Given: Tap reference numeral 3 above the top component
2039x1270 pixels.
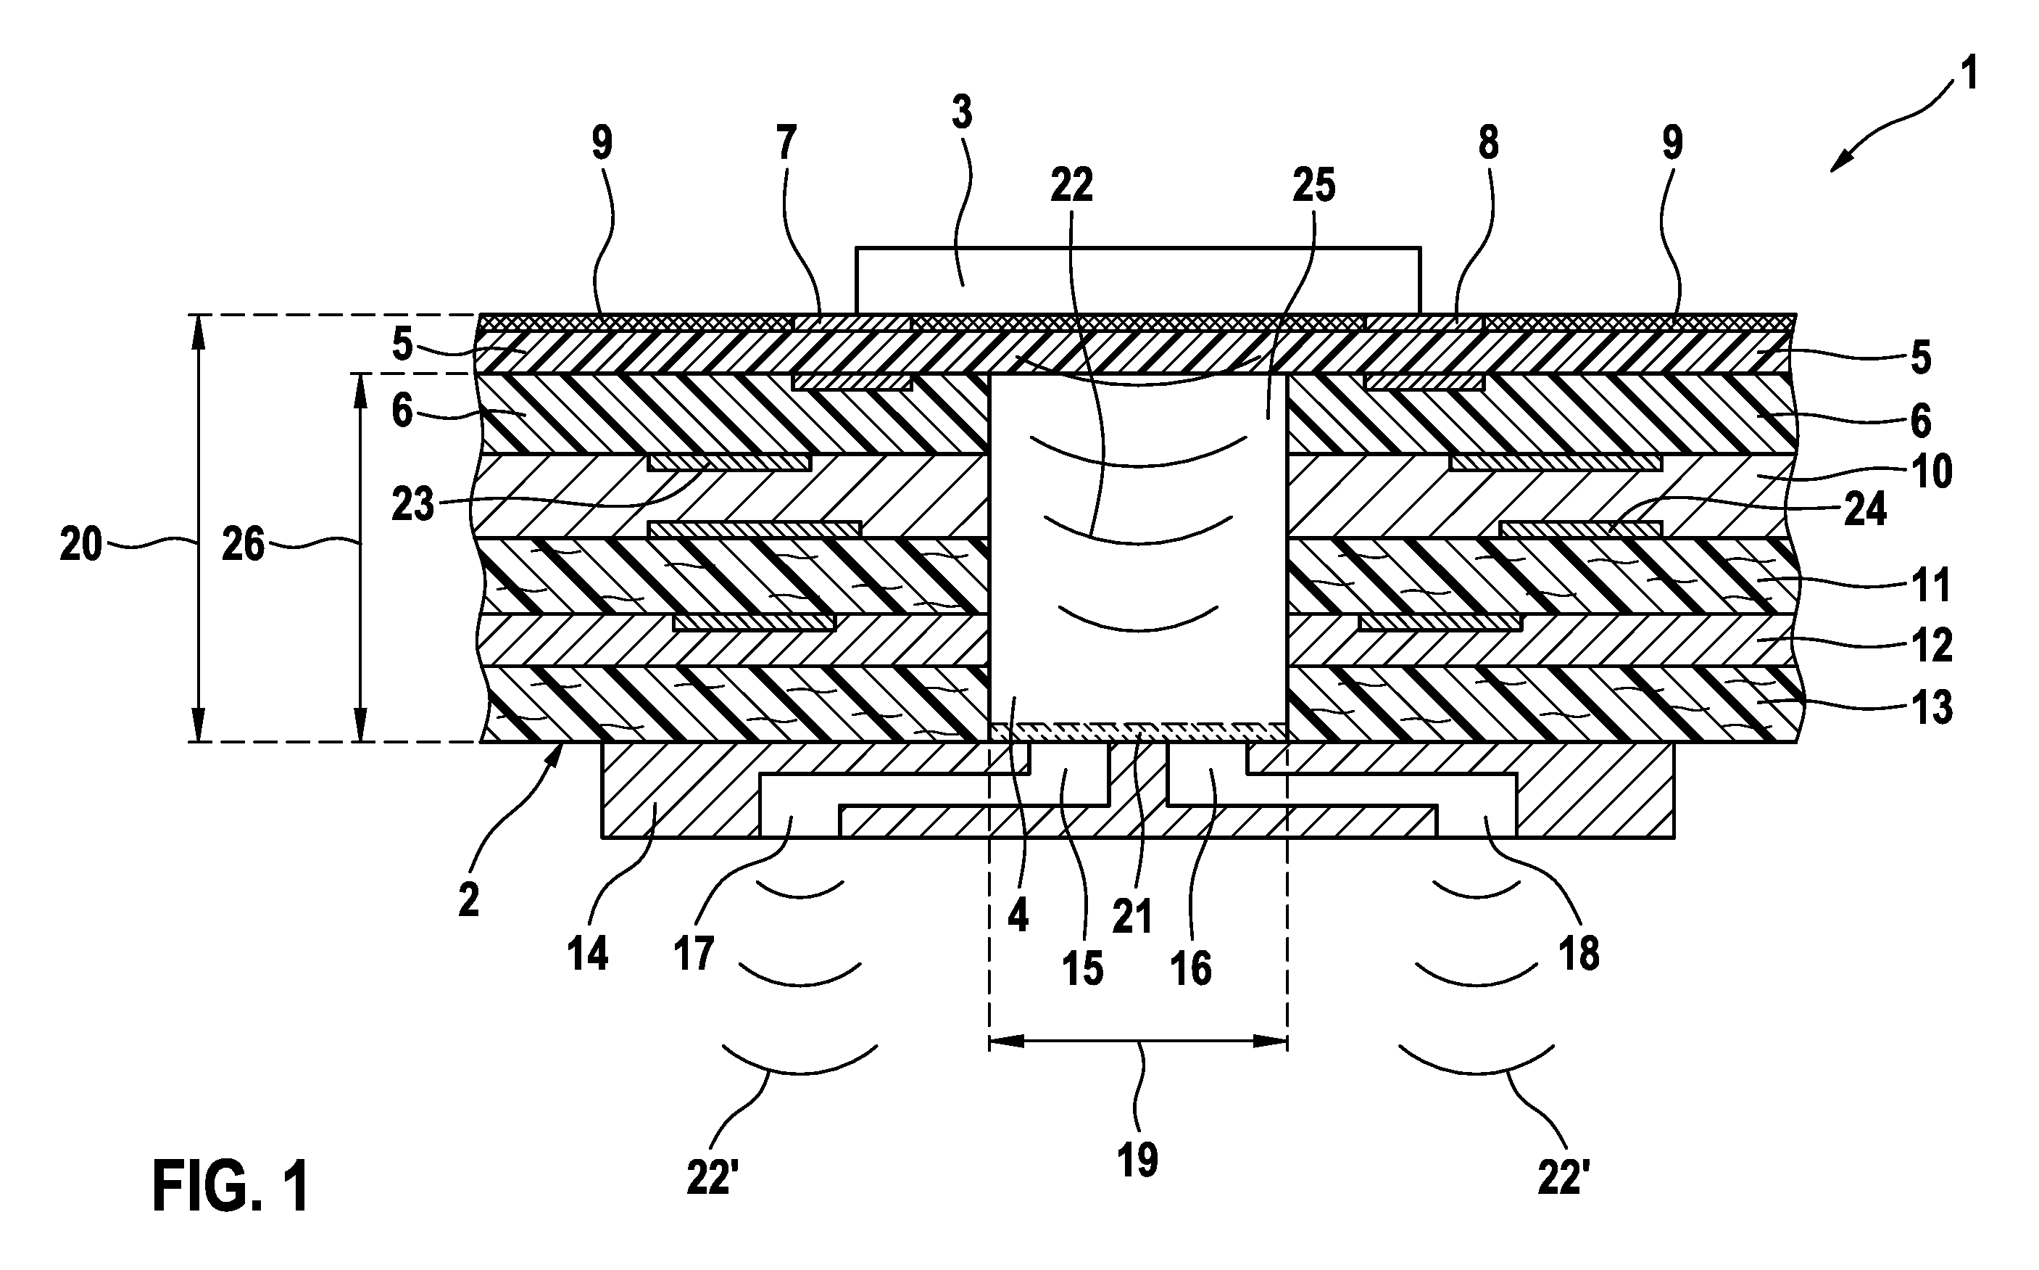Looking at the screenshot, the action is click(962, 112).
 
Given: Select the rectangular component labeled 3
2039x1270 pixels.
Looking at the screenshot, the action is click(1137, 281).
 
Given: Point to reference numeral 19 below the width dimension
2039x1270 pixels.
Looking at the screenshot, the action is click(1137, 1160).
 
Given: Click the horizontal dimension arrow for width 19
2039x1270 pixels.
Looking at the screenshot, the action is click(1138, 1042).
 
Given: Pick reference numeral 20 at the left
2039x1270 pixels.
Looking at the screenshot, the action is click(81, 546).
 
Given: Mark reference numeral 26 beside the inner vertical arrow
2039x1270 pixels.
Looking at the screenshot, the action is click(244, 546).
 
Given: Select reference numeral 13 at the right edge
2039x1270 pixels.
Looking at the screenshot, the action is click(1932, 708).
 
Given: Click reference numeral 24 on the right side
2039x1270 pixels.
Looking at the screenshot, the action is click(1864, 510).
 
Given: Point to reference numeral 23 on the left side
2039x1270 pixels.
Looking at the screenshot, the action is click(412, 505).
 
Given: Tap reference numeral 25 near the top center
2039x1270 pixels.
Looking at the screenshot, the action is click(1313, 185).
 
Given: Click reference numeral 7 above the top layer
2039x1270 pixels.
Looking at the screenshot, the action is click(786, 144).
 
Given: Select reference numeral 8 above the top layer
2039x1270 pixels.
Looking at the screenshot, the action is click(1488, 144).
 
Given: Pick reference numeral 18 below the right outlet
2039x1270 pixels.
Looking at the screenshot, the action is click(1579, 955).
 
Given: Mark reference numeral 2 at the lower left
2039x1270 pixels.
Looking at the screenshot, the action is click(468, 900).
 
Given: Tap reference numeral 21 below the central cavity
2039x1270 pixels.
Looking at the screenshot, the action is click(1131, 915).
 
